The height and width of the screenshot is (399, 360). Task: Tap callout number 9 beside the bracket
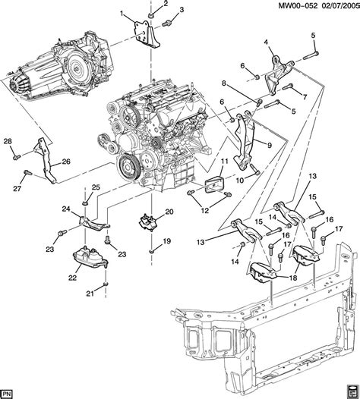268,142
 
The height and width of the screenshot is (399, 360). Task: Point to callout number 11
224,163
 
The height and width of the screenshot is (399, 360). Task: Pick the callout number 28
8,141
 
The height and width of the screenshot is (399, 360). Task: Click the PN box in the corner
9,392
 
